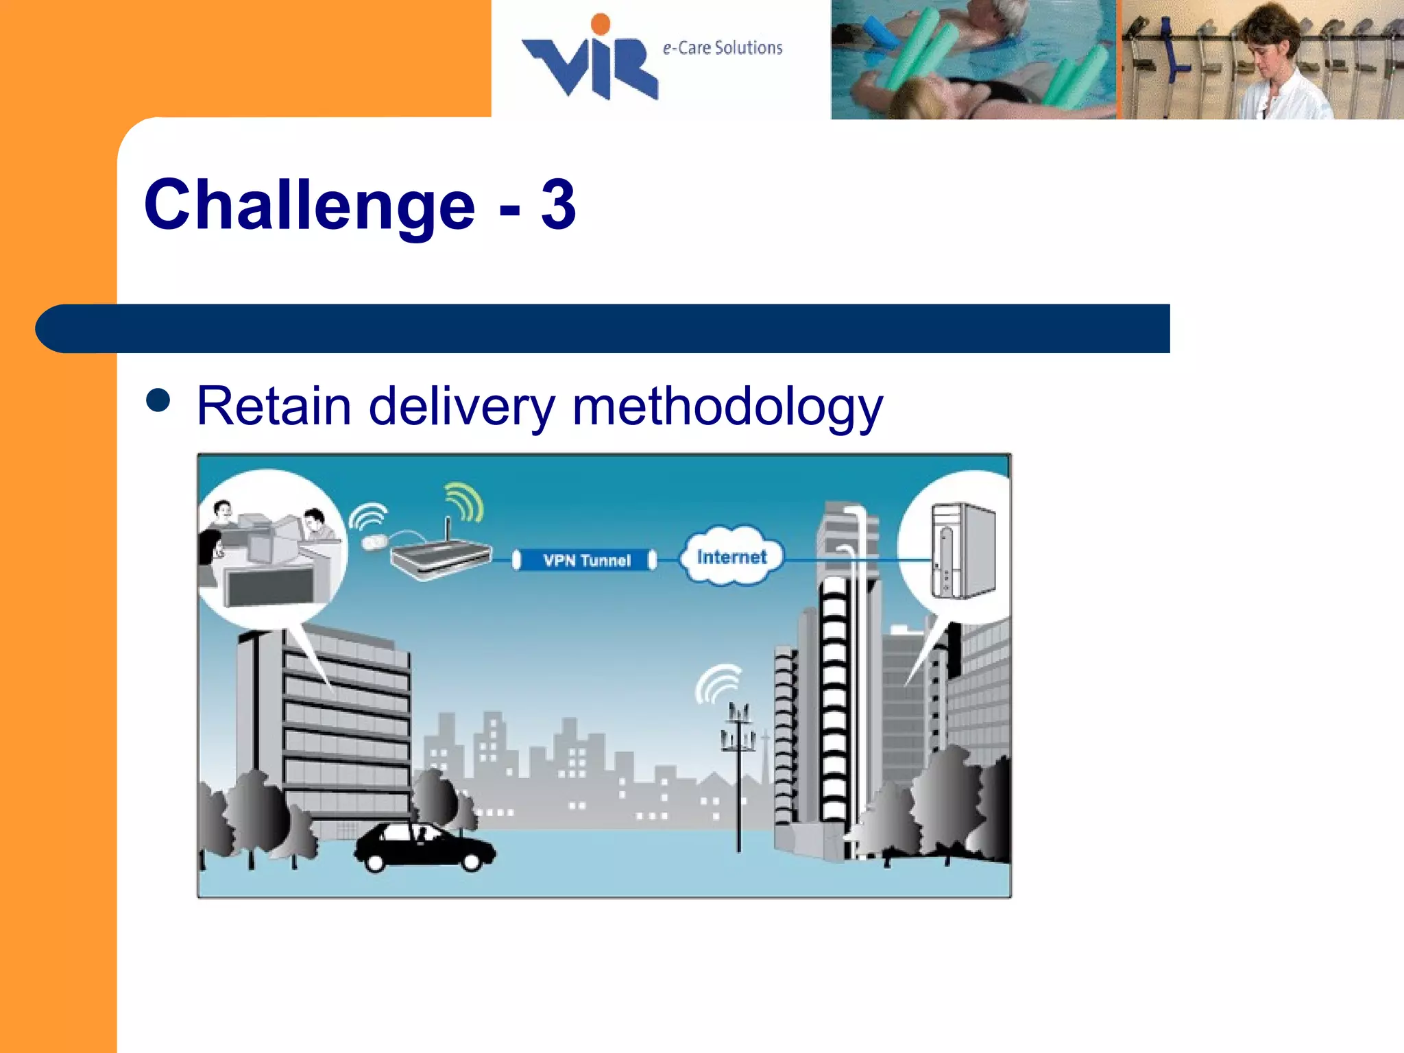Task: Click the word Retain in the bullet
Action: (x=274, y=406)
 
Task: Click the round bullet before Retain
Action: (x=158, y=400)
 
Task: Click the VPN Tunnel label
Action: (x=586, y=560)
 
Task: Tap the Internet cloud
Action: (x=731, y=557)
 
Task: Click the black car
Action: (x=424, y=847)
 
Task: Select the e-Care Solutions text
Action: (x=723, y=48)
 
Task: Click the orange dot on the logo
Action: (x=601, y=24)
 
